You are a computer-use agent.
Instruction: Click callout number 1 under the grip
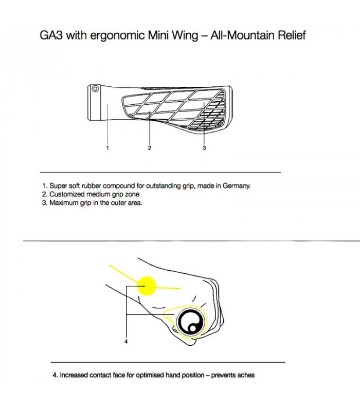[107, 148]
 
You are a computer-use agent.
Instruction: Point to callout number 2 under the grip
[149, 148]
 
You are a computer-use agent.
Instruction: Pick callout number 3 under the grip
[204, 148]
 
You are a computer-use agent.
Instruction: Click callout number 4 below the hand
[126, 341]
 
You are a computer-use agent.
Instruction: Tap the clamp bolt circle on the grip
[95, 89]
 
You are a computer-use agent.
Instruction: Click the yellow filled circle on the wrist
[147, 286]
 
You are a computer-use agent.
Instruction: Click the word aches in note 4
[245, 375]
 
